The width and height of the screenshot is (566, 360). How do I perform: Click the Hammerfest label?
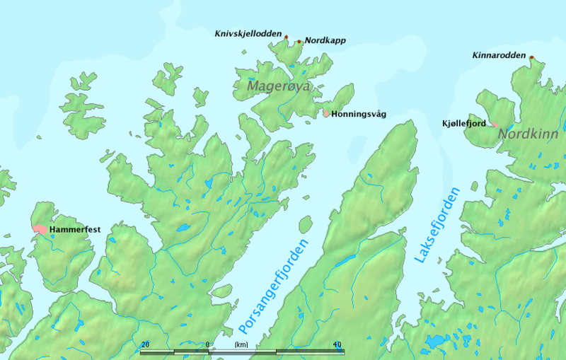(74, 231)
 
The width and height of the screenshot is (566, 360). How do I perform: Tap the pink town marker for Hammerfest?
(39, 229)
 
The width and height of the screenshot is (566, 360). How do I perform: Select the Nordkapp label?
(325, 41)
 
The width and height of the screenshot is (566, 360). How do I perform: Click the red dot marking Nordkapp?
(299, 42)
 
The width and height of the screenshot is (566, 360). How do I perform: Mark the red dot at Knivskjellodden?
(286, 35)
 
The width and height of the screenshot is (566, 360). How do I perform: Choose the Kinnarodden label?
(499, 54)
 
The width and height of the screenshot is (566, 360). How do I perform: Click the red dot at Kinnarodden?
(531, 58)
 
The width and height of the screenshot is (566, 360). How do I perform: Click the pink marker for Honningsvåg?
(326, 112)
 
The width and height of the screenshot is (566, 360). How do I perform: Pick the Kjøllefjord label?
(463, 124)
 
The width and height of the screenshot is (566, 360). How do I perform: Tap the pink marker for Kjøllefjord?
(493, 125)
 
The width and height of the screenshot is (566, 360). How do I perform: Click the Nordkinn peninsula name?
(522, 132)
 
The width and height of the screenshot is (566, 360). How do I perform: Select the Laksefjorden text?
(437, 226)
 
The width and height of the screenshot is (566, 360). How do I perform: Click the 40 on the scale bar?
(337, 344)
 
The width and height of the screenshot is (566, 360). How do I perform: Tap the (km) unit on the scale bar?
(241, 344)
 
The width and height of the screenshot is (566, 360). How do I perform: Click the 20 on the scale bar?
(145, 344)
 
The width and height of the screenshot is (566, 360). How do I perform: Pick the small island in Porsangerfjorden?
(306, 225)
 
